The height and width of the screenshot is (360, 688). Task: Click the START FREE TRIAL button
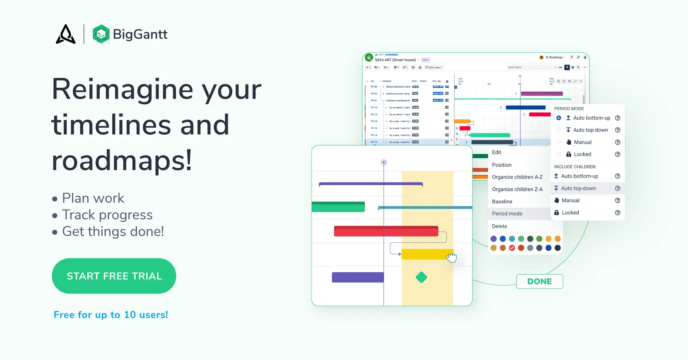114,276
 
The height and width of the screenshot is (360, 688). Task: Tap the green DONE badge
539,281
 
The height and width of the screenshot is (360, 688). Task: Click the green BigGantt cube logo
101,34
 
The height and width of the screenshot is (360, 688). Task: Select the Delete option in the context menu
499,226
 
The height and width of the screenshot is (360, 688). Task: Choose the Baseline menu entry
502,202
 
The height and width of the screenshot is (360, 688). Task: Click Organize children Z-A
517,189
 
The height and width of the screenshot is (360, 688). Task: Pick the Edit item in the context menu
496,152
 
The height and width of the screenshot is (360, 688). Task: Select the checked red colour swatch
512,248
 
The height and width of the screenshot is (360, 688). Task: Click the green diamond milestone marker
421,277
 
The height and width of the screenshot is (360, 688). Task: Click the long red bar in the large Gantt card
386,231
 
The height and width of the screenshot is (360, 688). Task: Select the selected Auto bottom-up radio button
559,118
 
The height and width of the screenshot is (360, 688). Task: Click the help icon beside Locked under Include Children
617,213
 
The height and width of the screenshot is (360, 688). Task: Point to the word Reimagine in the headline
122,89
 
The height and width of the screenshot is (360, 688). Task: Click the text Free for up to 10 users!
111,315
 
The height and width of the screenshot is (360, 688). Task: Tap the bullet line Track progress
107,215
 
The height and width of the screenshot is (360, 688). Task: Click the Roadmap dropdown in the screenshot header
555,57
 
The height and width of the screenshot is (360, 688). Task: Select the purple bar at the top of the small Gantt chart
542,94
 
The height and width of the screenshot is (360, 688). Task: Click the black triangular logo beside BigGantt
66,34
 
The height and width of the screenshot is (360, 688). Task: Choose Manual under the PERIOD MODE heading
582,142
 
